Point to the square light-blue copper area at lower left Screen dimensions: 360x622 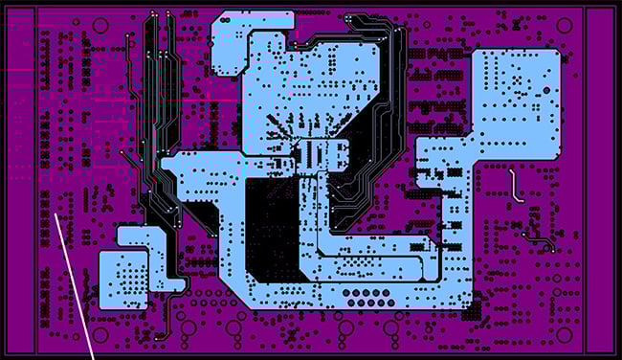point(124,279)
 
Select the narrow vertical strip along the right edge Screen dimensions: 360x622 point(600,180)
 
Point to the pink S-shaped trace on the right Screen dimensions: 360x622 point(515,184)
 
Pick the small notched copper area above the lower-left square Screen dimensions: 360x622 point(140,236)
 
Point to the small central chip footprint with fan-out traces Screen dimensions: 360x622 point(312,153)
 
